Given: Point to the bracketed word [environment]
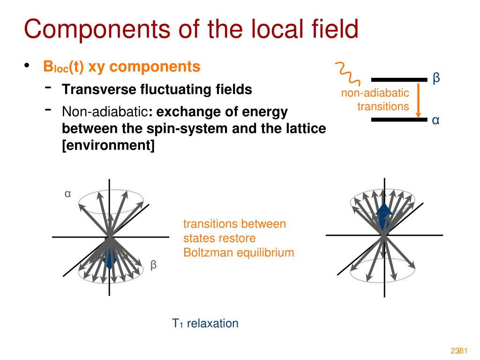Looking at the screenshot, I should [x=108, y=145].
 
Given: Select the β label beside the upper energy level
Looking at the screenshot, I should [x=436, y=78].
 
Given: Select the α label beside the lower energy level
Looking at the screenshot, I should [x=436, y=120].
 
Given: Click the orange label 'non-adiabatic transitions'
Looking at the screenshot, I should [x=375, y=100].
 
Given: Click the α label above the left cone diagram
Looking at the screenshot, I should [x=68, y=194].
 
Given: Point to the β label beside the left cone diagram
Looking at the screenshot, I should [x=153, y=265].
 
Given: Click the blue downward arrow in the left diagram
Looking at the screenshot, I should [x=110, y=258].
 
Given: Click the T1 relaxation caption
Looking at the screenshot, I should [x=205, y=323].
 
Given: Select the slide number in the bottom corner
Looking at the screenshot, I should [x=460, y=351].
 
